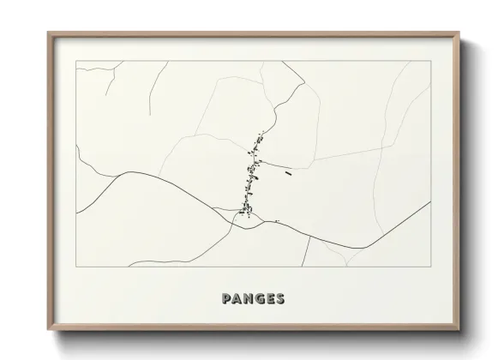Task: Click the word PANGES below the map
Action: (x=253, y=299)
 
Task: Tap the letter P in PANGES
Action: (x=225, y=299)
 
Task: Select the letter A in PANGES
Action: (x=237, y=299)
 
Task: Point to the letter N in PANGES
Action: (x=248, y=299)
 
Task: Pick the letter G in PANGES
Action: (x=259, y=299)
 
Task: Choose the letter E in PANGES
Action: (x=270, y=299)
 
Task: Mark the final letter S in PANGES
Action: (x=280, y=299)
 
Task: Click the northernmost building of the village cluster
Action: (x=261, y=135)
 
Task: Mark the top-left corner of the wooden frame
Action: (x=48, y=33)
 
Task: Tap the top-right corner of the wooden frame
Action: (x=459, y=33)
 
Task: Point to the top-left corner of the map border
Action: (x=76, y=61)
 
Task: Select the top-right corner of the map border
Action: (x=430, y=61)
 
